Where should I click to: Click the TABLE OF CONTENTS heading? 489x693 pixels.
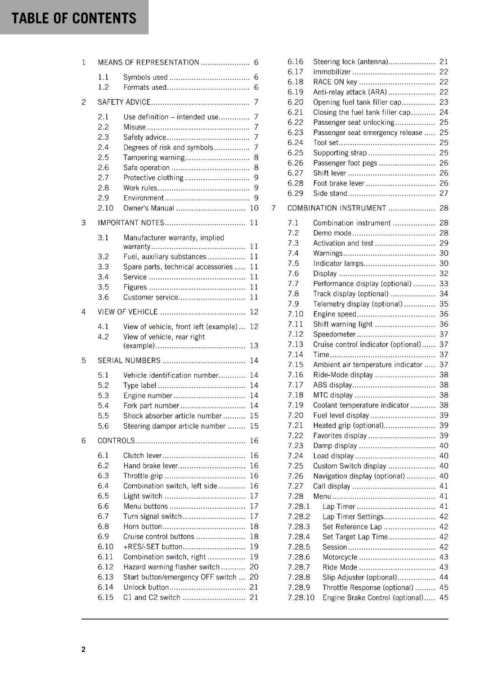pos(74,18)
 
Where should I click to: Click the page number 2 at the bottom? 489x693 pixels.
pos(84,649)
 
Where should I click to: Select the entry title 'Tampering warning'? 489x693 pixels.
pos(154,157)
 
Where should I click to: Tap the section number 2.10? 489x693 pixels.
pos(106,208)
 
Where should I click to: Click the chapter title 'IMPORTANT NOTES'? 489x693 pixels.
pos(131,223)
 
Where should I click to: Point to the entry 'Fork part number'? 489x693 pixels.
pos(151,405)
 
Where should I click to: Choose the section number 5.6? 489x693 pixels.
pos(103,426)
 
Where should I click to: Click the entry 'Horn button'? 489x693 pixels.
pos(142,526)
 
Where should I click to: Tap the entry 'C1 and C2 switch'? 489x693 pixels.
pos(151,597)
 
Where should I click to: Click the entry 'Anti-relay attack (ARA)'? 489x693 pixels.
pos(350,92)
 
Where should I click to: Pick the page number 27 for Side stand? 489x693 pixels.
pos(444,193)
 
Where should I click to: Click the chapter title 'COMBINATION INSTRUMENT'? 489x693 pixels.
pos(337,208)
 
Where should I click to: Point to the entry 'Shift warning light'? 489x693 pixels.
pos(343,324)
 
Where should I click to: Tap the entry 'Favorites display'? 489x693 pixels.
pos(340,435)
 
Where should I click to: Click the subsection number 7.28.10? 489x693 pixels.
pos(301,597)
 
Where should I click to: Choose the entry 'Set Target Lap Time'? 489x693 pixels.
pos(355,537)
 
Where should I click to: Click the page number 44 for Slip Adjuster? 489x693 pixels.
pos(444,577)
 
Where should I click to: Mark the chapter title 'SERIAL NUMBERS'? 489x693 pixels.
pos(129,360)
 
